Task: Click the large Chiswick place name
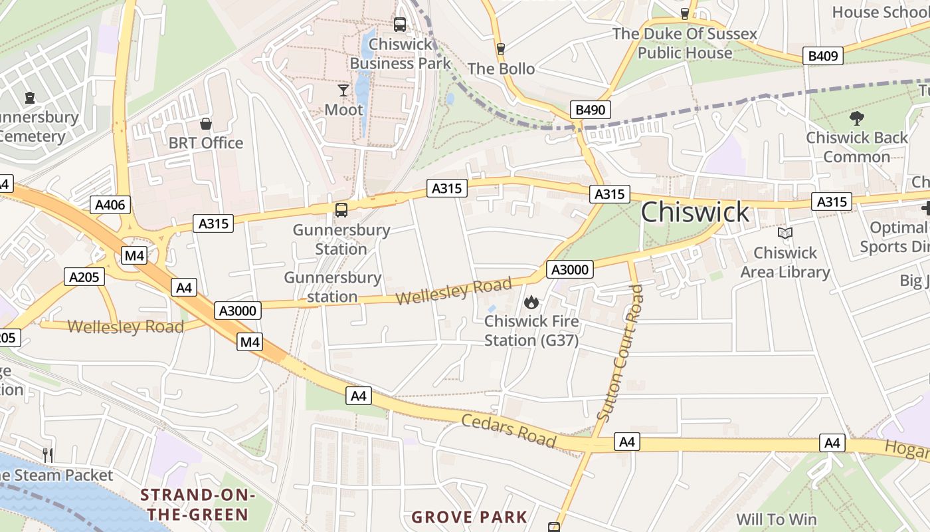[695, 212]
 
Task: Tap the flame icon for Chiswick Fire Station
[531, 303]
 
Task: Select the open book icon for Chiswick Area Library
[785, 233]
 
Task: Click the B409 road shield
[822, 56]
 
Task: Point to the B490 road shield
[590, 110]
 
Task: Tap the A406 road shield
[110, 205]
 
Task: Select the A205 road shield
[85, 277]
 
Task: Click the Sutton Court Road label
[620, 352]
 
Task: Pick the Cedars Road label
[508, 430]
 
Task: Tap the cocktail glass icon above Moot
[343, 90]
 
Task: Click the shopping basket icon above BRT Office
[206, 124]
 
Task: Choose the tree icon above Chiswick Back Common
[856, 118]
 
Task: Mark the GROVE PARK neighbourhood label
[469, 517]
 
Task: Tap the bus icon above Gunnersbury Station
[341, 210]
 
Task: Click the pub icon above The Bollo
[501, 49]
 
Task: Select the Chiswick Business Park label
[400, 54]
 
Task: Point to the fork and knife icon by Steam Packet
[47, 455]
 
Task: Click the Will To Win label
[777, 519]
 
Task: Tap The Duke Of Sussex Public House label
[684, 43]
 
